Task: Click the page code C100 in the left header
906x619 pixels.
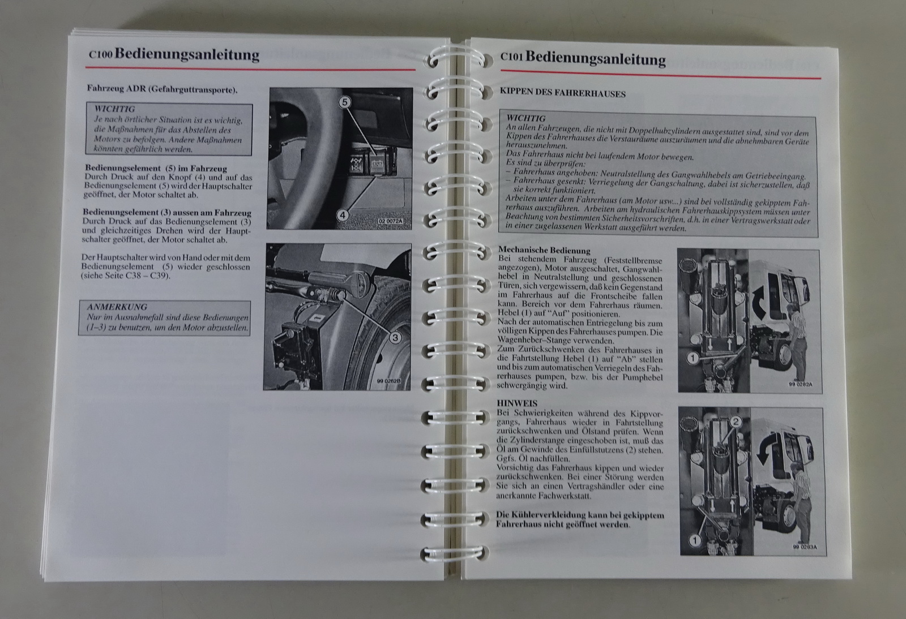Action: (x=100, y=54)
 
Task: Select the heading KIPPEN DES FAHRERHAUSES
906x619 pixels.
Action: (x=563, y=93)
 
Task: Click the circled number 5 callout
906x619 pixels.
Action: (x=345, y=102)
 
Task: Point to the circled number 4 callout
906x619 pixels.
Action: (x=343, y=215)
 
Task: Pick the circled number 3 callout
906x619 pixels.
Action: (x=395, y=337)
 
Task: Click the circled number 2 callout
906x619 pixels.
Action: (x=736, y=422)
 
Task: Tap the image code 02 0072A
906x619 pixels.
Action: (x=390, y=221)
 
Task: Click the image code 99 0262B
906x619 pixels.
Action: (x=388, y=381)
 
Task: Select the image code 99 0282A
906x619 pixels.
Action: (x=800, y=384)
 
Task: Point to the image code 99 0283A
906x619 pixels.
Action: (x=805, y=547)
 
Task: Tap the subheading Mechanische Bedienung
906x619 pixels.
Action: (x=544, y=251)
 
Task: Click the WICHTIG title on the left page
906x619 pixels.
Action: (x=115, y=109)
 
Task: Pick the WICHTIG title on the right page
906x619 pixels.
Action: (x=526, y=118)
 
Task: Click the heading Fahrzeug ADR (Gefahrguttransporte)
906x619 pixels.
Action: (x=162, y=89)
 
